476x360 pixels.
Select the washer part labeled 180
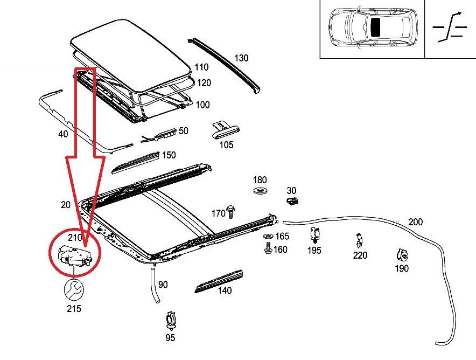[x=260, y=192]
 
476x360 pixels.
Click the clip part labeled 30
[x=291, y=202]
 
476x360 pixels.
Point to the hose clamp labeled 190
[x=401, y=254]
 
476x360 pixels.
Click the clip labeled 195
[x=314, y=235]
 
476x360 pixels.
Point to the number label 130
[x=241, y=58]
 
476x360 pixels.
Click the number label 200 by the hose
[x=415, y=221]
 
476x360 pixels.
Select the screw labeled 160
[x=267, y=248]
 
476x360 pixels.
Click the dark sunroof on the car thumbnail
[x=376, y=25]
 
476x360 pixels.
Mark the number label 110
[x=202, y=67]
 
